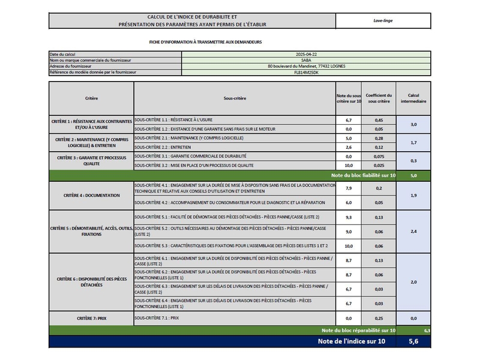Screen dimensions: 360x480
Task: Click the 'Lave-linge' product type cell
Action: pos(383,20)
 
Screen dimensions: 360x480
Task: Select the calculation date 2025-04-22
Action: pos(305,55)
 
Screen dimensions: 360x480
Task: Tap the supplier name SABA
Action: pos(305,61)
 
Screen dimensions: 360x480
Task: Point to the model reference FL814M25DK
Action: pos(305,72)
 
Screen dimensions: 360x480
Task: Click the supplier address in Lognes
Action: pos(305,66)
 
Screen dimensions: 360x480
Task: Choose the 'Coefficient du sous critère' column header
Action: pos(379,98)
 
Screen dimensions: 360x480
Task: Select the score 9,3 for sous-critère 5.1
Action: pos(349,217)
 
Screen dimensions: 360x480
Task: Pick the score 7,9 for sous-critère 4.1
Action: pos(349,188)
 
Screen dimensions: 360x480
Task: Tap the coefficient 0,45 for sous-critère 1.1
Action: pos(379,120)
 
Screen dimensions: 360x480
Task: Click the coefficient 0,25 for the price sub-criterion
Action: pos(379,318)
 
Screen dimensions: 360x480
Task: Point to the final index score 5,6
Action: pos(413,341)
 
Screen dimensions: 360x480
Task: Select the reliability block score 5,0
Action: pos(413,175)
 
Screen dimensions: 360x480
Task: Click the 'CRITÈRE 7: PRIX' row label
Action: pos(91,318)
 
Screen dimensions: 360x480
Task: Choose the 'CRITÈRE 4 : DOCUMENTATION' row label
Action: pos(91,195)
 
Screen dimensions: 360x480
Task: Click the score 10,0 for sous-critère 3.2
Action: pos(349,165)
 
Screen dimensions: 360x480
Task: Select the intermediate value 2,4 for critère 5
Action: pos(413,231)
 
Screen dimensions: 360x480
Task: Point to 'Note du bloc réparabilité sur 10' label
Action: pos(358,330)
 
